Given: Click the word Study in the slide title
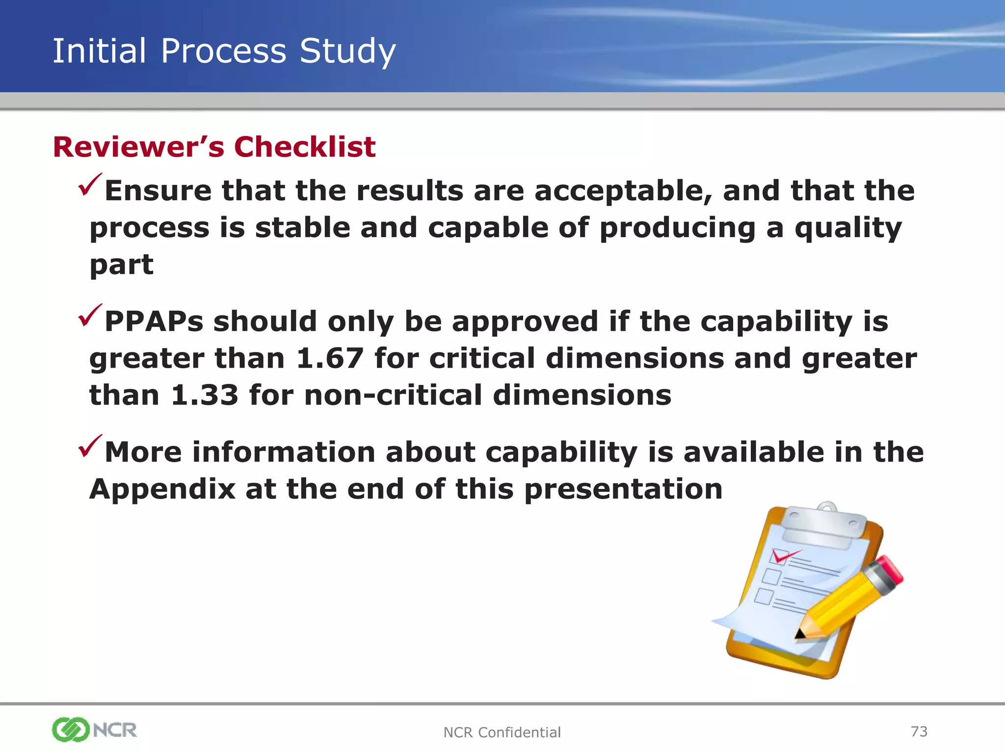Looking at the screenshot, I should (x=347, y=51).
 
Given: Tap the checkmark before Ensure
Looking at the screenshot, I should (x=90, y=185).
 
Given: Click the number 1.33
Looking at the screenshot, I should (x=204, y=395).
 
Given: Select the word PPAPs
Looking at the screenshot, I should (x=154, y=322).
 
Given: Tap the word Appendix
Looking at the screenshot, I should (x=162, y=489).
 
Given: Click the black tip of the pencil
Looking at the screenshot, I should (x=799, y=634).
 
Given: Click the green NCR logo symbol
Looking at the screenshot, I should (x=70, y=729).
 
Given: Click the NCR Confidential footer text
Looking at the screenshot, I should (x=502, y=732).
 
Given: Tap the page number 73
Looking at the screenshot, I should (x=919, y=731).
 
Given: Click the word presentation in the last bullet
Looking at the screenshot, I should (x=623, y=489).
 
